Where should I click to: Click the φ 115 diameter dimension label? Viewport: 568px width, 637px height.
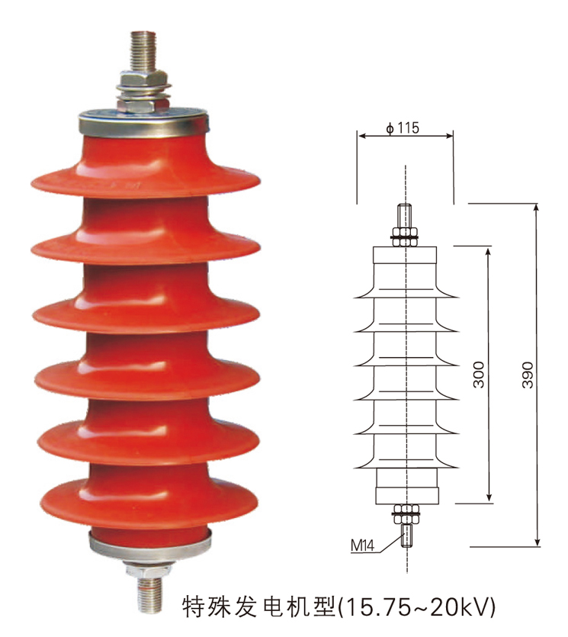pos(403,127)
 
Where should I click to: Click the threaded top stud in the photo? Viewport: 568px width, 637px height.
pos(142,50)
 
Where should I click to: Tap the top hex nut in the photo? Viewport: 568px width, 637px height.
pos(143,79)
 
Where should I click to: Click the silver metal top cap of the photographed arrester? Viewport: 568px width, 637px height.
pos(142,121)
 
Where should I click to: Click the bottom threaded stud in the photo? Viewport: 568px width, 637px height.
pos(149,591)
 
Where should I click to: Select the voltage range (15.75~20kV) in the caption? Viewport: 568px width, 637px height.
pos(416,606)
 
